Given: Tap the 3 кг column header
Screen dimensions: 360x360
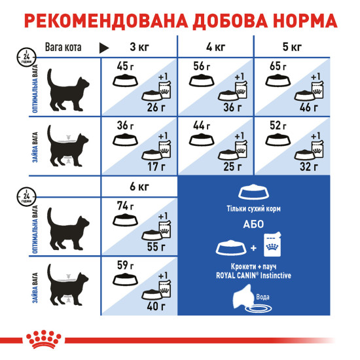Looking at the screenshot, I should pos(139,47).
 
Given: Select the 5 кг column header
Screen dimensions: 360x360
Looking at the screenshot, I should pos(291,47).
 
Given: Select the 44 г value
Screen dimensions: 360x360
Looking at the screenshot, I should pos(201,125).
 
